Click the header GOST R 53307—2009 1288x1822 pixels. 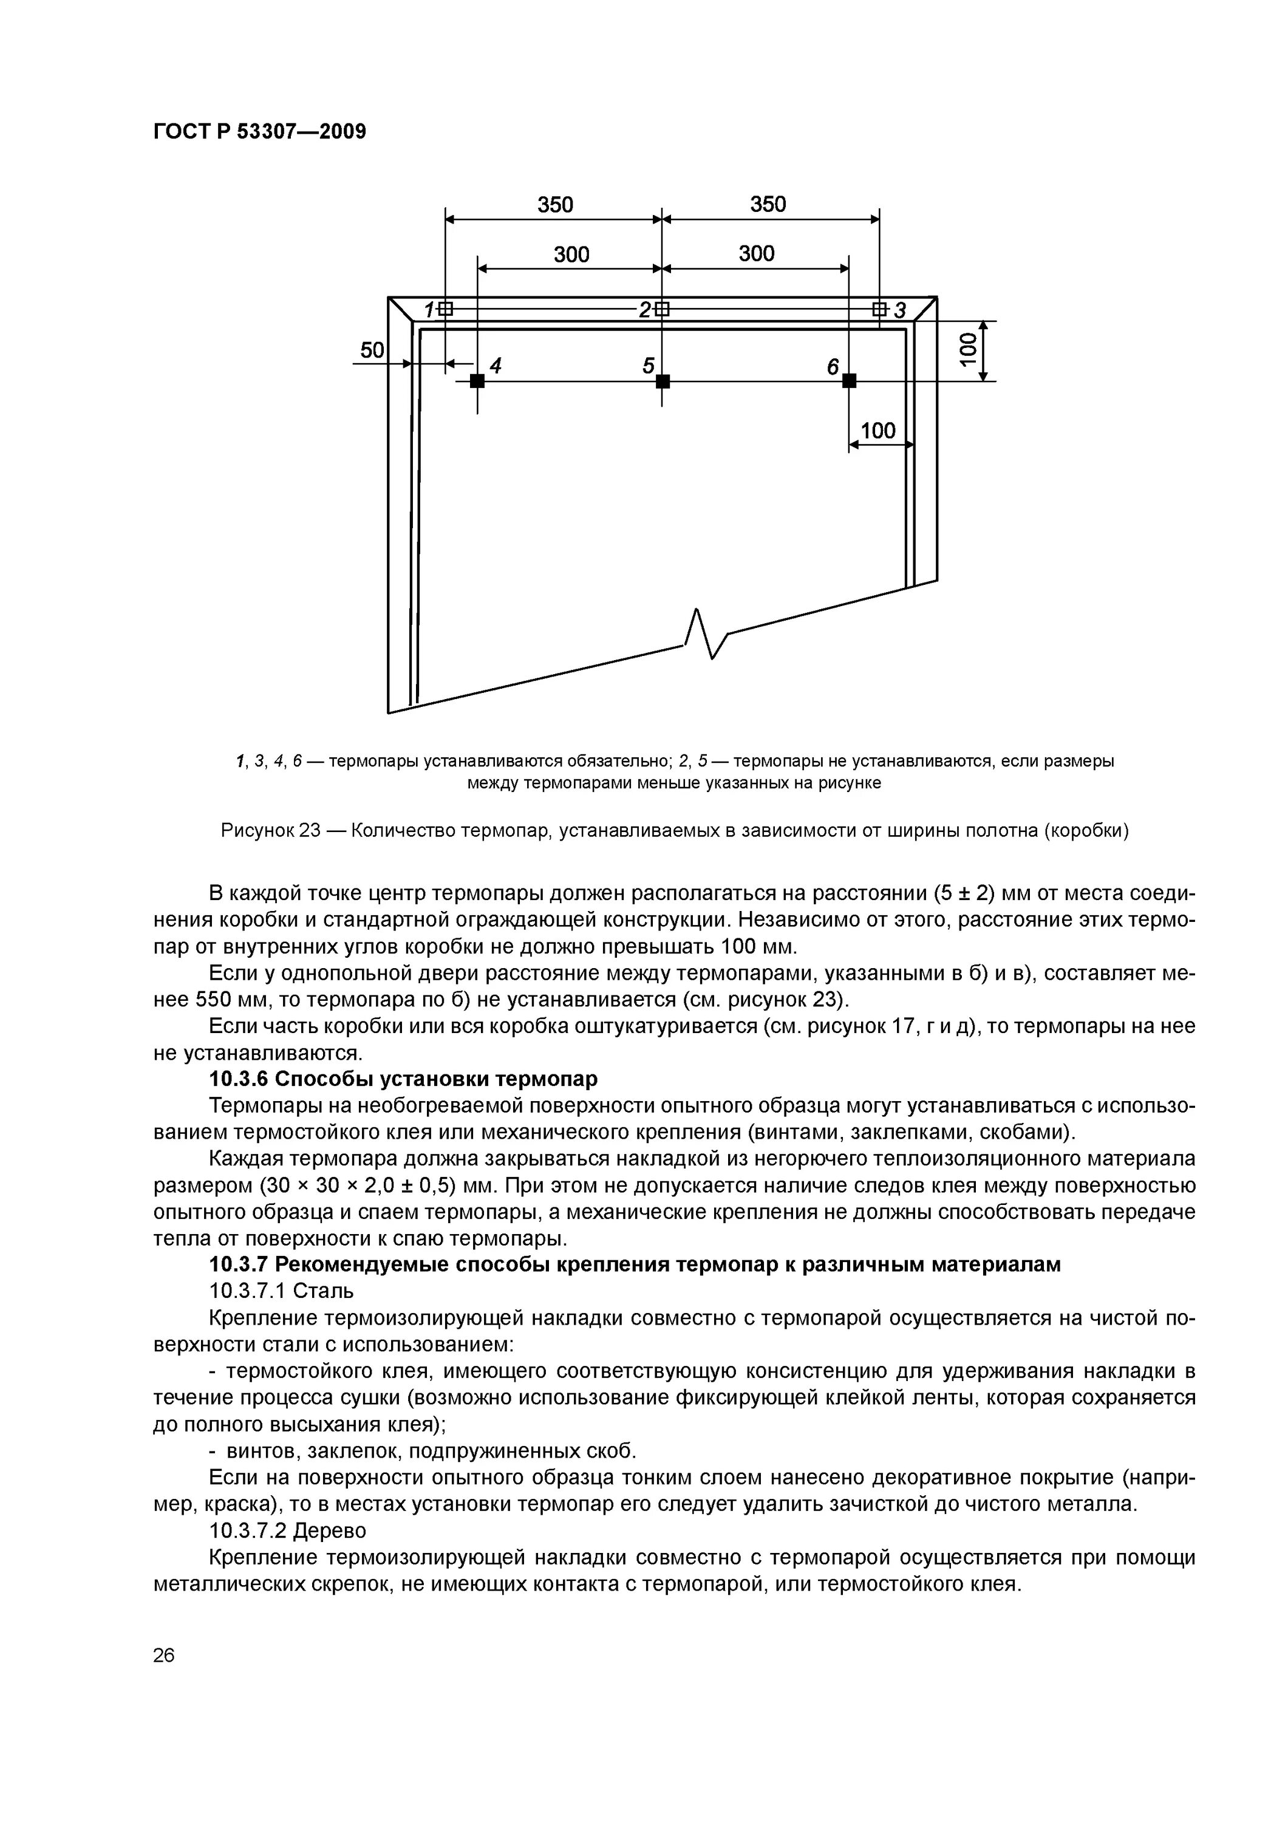[x=259, y=132]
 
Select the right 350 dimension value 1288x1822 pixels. [x=768, y=205]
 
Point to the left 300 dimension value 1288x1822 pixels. [x=571, y=254]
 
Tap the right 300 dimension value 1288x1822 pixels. [x=755, y=254]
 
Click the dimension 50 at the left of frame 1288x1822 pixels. [x=372, y=350]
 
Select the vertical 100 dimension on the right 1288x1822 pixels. [x=967, y=350]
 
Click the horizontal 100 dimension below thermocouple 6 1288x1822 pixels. [x=877, y=431]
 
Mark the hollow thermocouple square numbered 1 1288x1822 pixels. [x=446, y=309]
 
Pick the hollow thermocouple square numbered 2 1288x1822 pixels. [x=663, y=309]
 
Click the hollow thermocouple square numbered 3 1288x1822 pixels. [x=879, y=309]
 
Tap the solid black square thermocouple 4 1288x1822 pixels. [x=477, y=381]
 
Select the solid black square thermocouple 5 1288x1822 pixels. [x=663, y=381]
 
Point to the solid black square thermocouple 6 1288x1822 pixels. [x=849, y=381]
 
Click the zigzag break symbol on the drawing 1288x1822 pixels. [x=704, y=634]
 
